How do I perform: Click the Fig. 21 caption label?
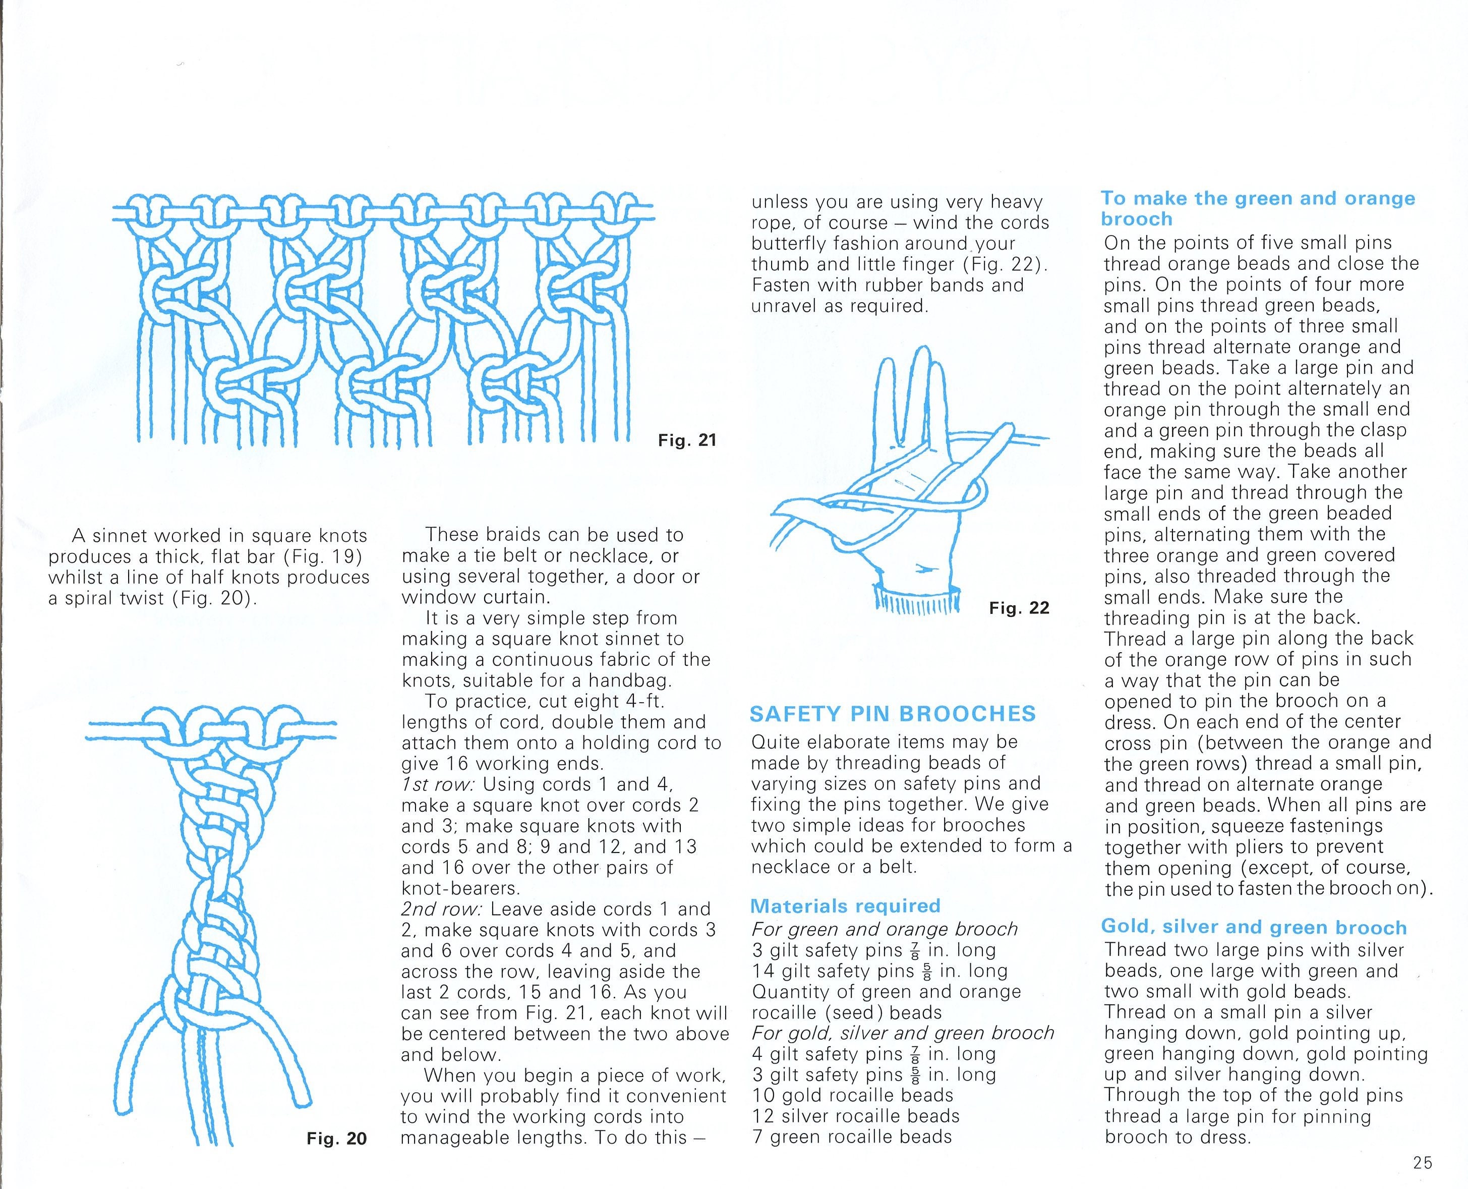[687, 440]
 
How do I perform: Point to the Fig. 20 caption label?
[337, 1139]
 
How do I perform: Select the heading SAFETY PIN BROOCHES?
[893, 714]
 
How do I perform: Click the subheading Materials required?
[846, 906]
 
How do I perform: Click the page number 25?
[1422, 1162]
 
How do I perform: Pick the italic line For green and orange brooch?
[885, 929]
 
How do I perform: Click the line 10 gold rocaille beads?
[852, 1095]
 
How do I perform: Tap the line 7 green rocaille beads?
[852, 1137]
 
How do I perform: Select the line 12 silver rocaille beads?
[856, 1116]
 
